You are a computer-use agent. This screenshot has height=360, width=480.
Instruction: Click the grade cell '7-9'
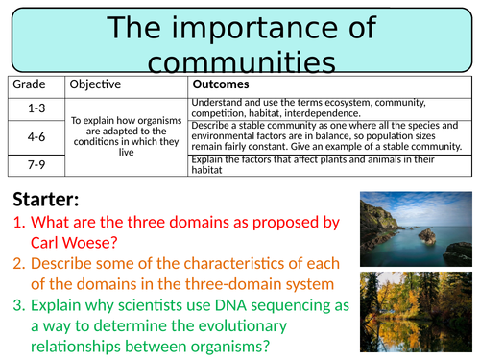tap(33, 166)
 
